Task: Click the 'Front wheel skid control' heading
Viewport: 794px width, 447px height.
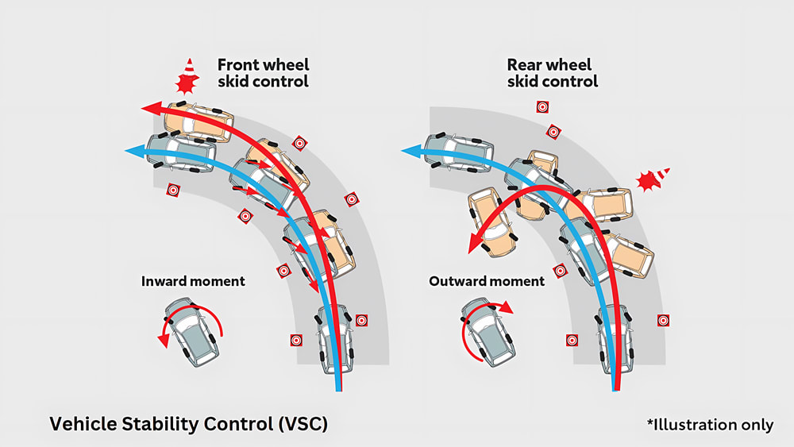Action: click(x=262, y=72)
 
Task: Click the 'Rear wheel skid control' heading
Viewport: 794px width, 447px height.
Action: click(x=552, y=72)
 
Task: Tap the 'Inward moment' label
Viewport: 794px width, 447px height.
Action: click(x=193, y=281)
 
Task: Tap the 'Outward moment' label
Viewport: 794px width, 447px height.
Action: click(x=487, y=281)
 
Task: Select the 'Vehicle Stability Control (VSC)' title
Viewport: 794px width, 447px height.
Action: click(x=188, y=424)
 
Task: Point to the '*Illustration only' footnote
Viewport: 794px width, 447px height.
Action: click(x=710, y=425)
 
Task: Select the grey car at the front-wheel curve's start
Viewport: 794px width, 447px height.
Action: click(x=336, y=338)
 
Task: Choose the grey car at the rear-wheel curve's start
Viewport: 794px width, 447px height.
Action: click(x=615, y=337)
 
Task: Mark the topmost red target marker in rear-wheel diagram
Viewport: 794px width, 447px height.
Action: click(x=542, y=106)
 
